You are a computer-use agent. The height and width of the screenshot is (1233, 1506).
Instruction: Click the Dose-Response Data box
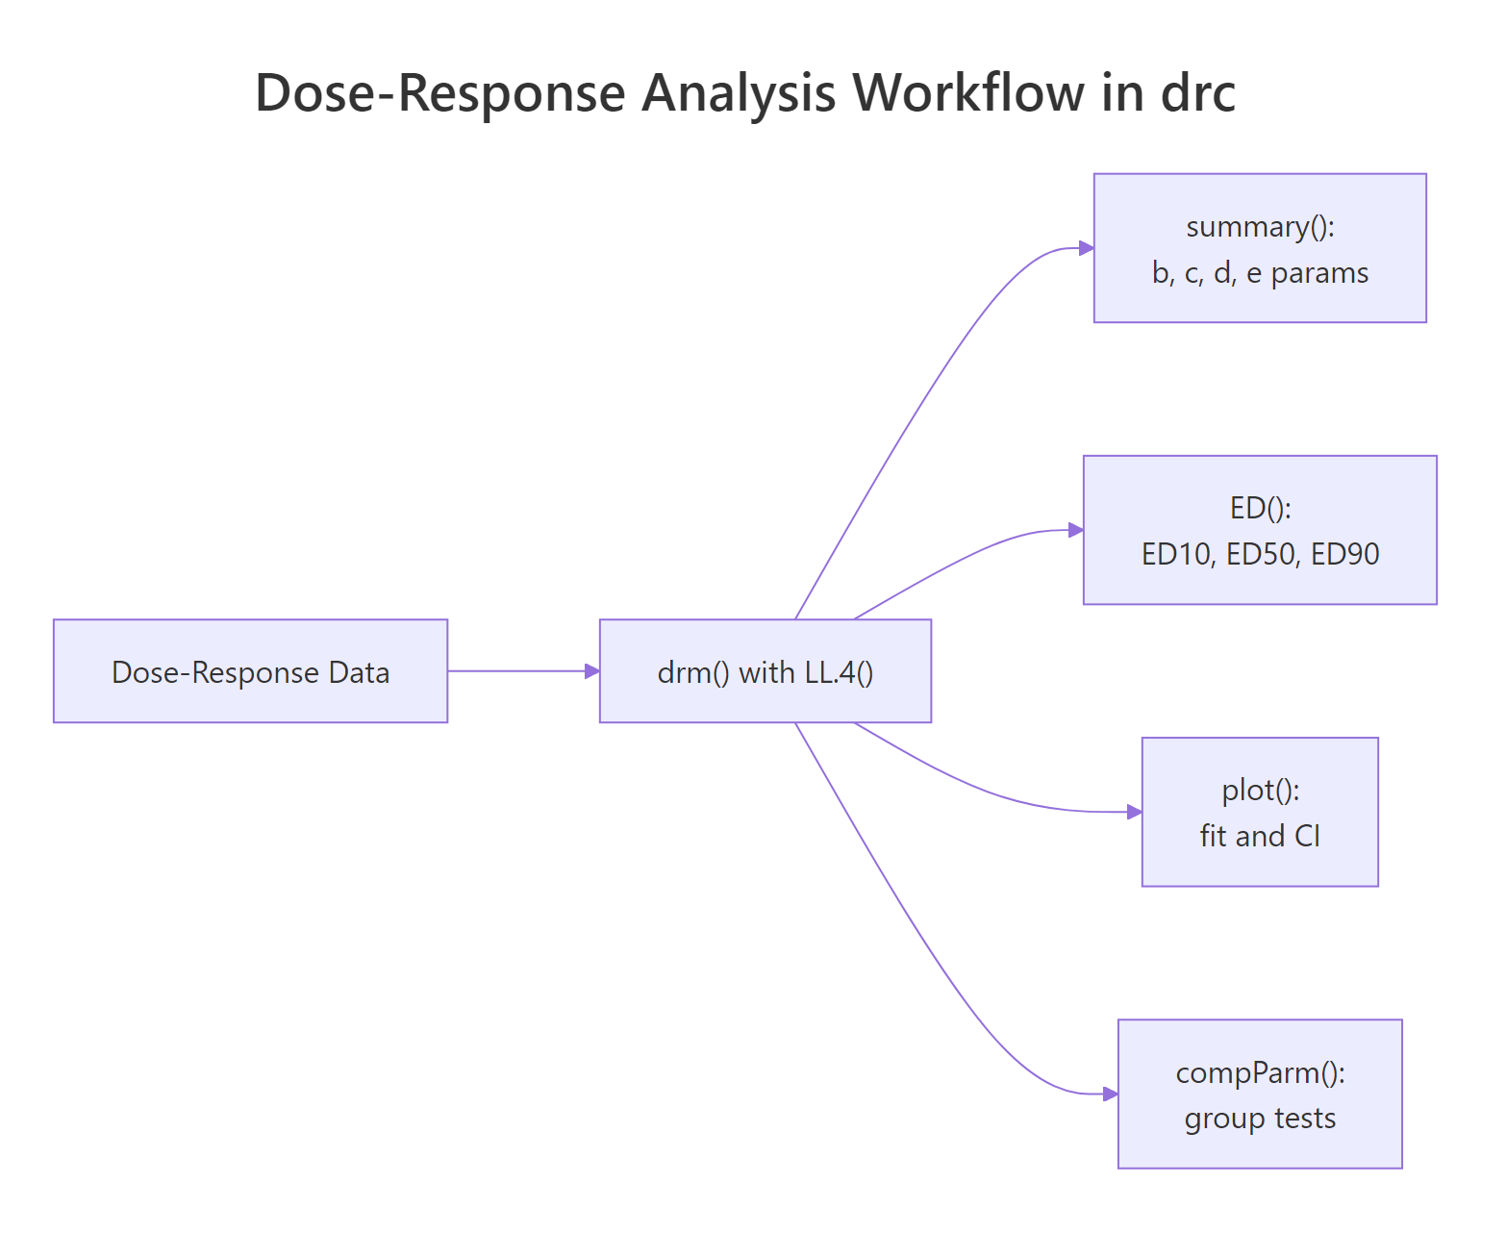click(250, 671)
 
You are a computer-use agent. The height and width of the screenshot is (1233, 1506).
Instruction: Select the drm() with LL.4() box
click(765, 671)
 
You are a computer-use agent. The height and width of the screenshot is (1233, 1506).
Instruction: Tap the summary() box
click(1260, 248)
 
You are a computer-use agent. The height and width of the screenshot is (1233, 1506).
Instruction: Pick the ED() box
click(1260, 530)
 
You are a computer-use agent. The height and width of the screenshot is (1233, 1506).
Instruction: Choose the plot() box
click(1260, 812)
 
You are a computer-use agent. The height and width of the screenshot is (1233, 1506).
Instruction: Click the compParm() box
click(1260, 1094)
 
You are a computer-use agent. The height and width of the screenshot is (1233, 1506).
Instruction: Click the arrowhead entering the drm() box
click(591, 671)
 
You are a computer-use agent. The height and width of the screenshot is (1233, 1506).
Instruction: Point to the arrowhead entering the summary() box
click(1086, 248)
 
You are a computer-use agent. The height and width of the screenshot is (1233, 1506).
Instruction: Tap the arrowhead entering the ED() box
click(1075, 530)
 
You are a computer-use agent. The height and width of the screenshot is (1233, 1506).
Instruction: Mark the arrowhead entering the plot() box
click(1134, 812)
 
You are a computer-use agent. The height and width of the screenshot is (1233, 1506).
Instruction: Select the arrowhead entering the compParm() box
click(1110, 1094)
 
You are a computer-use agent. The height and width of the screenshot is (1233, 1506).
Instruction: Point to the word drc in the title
click(1198, 93)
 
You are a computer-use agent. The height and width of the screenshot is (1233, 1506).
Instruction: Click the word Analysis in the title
click(739, 93)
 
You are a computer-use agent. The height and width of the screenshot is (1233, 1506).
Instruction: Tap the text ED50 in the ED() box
click(1261, 554)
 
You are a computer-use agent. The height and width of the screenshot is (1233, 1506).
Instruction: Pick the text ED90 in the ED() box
click(1344, 554)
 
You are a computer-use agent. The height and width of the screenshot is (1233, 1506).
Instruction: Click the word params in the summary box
click(1319, 273)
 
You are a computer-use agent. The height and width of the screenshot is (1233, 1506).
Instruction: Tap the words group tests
click(1260, 1119)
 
